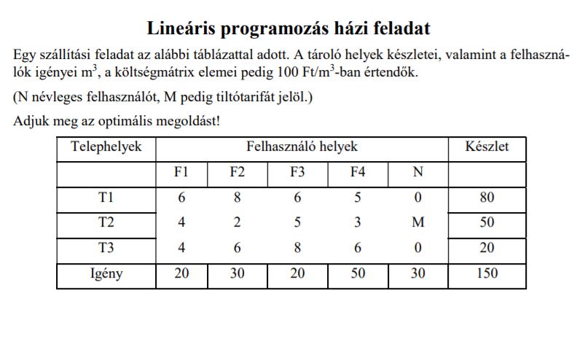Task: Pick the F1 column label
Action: pyautogui.click(x=181, y=173)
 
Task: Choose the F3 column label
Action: pyautogui.click(x=297, y=173)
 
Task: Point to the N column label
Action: pyautogui.click(x=417, y=173)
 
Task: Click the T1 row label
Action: pyautogui.click(x=106, y=198)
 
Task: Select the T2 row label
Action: pyautogui.click(x=106, y=223)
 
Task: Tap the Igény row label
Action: pyautogui.click(x=106, y=274)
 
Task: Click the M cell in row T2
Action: pyautogui.click(x=417, y=223)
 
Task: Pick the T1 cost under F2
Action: pyautogui.click(x=237, y=198)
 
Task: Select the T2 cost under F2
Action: pyautogui.click(x=237, y=223)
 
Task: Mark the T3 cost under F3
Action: pyautogui.click(x=297, y=248)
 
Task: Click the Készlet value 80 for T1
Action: pyautogui.click(x=487, y=198)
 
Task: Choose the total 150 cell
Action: pyautogui.click(x=487, y=274)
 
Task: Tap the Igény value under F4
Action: pyautogui.click(x=357, y=274)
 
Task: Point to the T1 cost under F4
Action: pyautogui.click(x=357, y=198)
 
